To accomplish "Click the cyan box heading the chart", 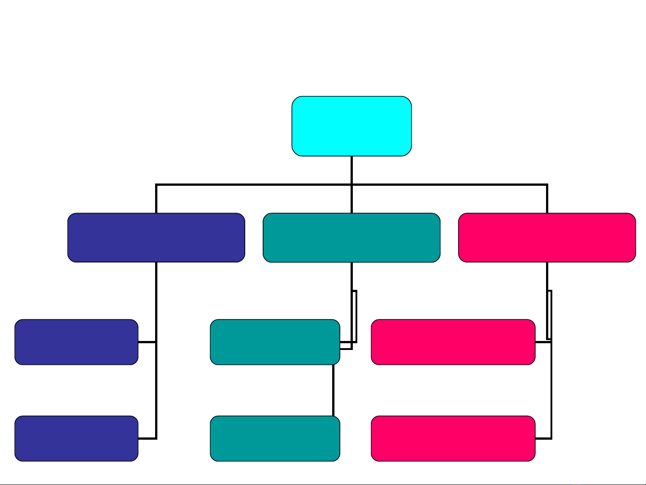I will [351, 126].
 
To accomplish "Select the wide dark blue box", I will [156, 237].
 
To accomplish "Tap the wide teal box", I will [351, 237].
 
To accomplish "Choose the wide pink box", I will [547, 237].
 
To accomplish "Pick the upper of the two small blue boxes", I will [76, 342].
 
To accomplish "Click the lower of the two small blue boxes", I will [76, 438].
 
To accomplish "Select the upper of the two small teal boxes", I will [275, 342].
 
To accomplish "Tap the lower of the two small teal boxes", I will [275, 438].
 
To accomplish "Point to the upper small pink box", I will [453, 342].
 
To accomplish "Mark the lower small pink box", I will [453, 438].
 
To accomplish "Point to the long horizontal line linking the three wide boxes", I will [251, 184].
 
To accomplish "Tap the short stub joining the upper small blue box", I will [147, 342].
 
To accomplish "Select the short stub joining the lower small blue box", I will [147, 438].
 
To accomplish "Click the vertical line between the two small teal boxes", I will [333, 390].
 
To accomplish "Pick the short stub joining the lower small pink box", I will [543, 438].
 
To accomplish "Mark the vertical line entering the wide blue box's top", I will [156, 199].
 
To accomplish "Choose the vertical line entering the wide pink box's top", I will [547, 199].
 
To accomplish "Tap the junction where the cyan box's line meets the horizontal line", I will [351, 184].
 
